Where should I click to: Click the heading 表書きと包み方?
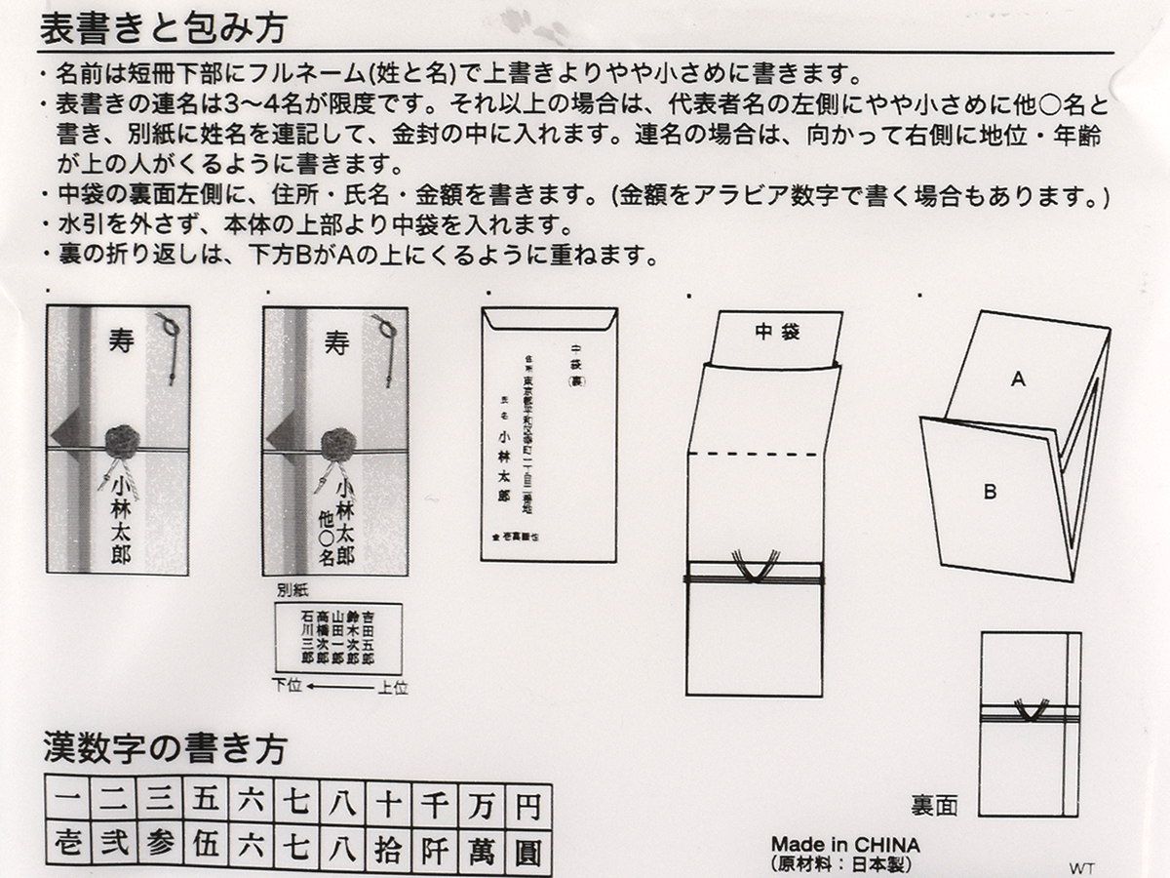click(163, 27)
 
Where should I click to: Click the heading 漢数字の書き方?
click(164, 749)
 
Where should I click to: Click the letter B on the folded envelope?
click(990, 493)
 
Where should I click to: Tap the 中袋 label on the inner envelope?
click(777, 333)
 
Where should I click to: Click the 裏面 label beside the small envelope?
click(934, 805)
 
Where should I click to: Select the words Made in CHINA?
click(845, 844)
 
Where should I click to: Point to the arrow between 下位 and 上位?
click(338, 687)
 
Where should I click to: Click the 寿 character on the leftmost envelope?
click(119, 341)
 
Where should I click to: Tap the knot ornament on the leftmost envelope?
click(124, 441)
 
